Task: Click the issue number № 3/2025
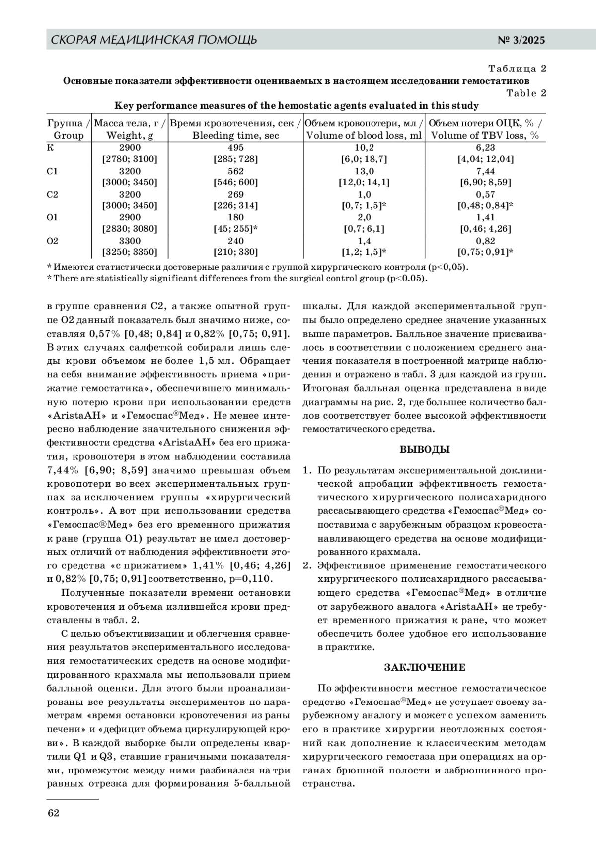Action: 521,40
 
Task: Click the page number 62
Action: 53,813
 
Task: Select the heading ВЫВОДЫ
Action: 425,450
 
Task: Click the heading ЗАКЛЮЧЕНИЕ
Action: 425,667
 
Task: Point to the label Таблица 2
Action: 517,69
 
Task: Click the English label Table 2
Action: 526,93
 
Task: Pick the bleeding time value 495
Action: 236,148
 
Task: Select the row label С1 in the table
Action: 53,171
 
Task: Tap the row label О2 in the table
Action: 53,241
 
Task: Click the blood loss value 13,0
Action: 364,171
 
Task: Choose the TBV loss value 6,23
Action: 485,148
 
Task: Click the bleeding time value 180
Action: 236,217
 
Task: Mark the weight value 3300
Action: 130,241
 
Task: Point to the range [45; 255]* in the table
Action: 236,229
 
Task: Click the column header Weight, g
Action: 130,135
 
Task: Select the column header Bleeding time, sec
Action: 236,135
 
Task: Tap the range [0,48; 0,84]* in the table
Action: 485,206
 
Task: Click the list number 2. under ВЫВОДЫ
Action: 308,565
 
